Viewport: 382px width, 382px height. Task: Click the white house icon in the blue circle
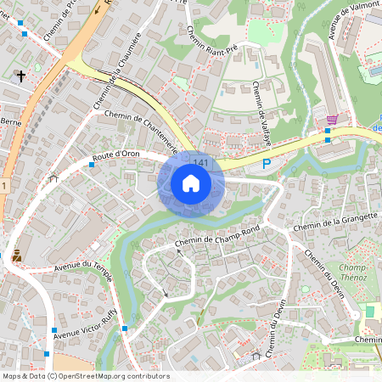coord(191,183)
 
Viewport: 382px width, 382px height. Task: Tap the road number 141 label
coord(201,162)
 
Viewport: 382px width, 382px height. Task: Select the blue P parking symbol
coord(267,164)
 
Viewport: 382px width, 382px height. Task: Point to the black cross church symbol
coord(20,76)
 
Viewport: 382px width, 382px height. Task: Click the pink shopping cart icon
coord(332,120)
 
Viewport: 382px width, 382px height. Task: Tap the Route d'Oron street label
coord(115,155)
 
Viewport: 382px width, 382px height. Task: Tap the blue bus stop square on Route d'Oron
coord(92,165)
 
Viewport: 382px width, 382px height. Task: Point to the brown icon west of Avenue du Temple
coord(16,254)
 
